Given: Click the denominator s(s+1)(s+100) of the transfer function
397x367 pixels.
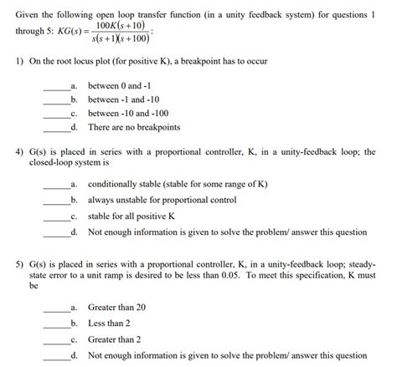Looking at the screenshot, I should pos(118,39).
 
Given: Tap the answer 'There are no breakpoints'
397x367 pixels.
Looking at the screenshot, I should pos(134,127).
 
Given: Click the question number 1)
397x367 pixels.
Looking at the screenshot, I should pos(20,64).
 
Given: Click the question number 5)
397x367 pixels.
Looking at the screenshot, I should pos(20,263).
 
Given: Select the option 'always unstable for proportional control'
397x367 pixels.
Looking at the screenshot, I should pos(162,201).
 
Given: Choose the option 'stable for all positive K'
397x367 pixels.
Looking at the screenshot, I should pos(131,215).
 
